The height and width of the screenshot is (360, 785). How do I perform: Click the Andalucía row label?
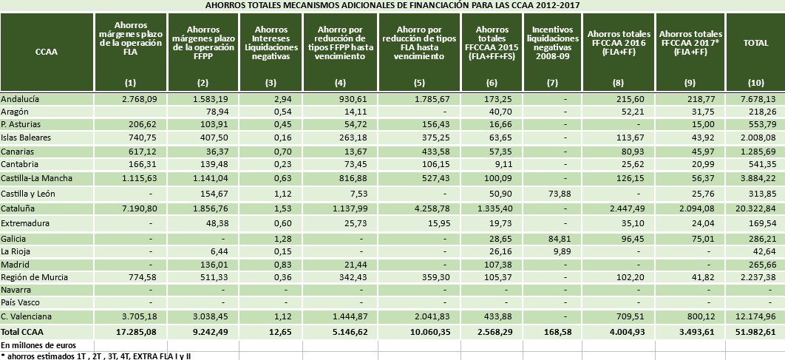[x=21, y=98]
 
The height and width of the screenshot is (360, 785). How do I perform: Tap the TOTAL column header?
[x=755, y=43]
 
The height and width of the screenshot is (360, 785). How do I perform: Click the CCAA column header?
[x=46, y=52]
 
